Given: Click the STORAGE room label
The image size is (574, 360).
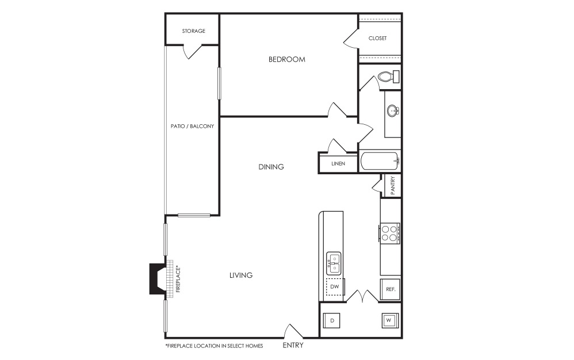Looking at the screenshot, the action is coord(194,31).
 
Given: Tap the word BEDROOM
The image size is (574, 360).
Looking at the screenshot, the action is coord(286,59).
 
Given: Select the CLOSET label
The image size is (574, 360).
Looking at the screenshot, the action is coord(377,38).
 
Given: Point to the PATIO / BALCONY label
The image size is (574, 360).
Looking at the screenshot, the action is coord(192,126).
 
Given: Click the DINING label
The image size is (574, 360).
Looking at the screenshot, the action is coord(271,167).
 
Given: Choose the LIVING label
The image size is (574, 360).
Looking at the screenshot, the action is coord(241,275).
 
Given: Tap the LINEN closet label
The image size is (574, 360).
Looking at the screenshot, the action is coord(338,163).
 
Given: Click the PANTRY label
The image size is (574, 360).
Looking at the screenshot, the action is coord(393,186).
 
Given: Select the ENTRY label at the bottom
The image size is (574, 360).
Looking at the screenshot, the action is coord(293,345).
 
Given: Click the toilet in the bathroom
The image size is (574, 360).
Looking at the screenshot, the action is coord(389,77).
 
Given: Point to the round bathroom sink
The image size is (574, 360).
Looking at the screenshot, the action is coord(393,110).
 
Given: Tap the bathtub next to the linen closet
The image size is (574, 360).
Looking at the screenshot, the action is coord(380,162).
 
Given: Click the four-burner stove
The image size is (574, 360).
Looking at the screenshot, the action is coord(389,233).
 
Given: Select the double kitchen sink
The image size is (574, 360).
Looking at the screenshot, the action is coord(334,263).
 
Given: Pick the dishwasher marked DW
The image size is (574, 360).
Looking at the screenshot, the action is coord(335,287).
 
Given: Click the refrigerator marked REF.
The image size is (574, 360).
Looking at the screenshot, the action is coord(390,289).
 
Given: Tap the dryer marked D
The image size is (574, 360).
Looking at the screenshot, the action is coord(332,321).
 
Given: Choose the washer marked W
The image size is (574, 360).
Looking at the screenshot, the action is coord(389,320).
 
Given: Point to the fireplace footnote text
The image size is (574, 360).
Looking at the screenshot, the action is coord(214,346).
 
